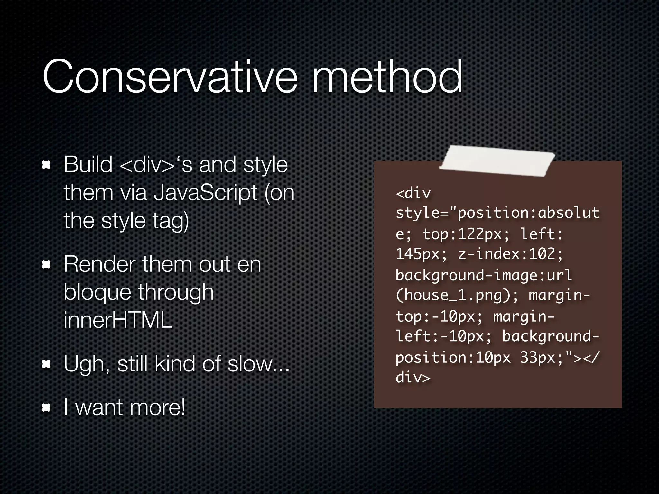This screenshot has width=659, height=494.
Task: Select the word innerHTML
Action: coord(118,320)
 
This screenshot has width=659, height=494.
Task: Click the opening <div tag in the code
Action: coord(413,193)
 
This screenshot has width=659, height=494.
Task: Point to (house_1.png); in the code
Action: coord(457,295)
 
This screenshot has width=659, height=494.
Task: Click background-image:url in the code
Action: coord(484,275)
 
